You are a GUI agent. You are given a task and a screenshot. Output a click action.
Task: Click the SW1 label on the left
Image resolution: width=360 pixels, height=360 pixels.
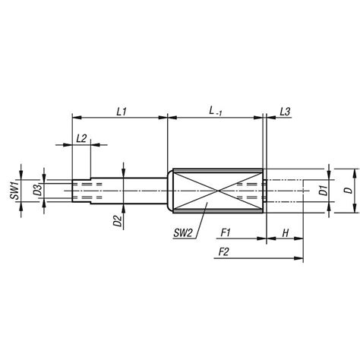click(x=14, y=188)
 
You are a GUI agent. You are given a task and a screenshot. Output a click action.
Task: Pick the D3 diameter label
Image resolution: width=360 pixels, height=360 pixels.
click(x=36, y=188)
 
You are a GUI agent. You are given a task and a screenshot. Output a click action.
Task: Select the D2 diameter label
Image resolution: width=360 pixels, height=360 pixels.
click(x=117, y=221)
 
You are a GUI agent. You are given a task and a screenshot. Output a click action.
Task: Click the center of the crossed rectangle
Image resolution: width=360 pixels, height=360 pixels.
click(x=218, y=188)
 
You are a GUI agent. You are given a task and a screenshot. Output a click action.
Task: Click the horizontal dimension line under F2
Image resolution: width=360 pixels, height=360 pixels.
click(x=243, y=259)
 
